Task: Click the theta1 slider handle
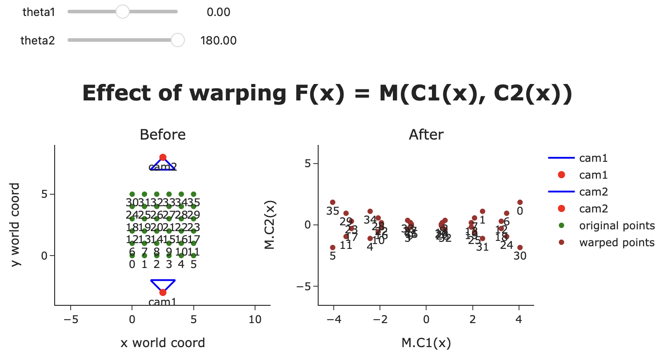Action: point(122,12)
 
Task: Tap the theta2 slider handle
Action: point(177,40)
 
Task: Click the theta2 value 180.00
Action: point(218,41)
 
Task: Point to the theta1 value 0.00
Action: point(218,12)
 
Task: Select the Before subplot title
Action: point(163,134)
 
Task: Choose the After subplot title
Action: point(426,134)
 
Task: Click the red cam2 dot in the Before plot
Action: point(163,157)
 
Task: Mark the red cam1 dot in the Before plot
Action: point(163,292)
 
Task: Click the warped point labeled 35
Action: point(332,202)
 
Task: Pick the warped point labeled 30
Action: point(519,248)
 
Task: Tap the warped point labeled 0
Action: point(519,202)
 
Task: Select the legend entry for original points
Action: point(616,226)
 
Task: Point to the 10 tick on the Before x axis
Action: point(255,319)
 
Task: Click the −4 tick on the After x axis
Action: point(333,319)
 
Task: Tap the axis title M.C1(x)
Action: point(426,343)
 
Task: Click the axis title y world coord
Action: point(16,224)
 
